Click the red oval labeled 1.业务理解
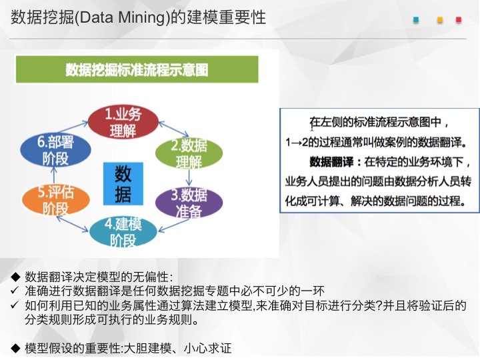(123, 121)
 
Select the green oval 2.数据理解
(189, 153)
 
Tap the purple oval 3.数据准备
(189, 203)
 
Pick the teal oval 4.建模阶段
(123, 231)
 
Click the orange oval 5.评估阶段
(56, 199)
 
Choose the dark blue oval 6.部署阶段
(56, 150)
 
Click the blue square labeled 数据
(123, 184)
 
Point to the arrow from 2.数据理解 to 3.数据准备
(189, 177)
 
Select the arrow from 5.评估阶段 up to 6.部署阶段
(54, 176)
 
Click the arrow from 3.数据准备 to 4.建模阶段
(173, 225)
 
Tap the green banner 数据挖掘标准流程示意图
(137, 69)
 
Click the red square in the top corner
(459, 20)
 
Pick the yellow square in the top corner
(440, 20)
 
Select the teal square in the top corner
(416, 20)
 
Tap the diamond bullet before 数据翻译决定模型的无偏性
(15, 277)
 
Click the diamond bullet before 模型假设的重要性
(15, 348)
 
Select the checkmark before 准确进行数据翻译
(15, 290)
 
